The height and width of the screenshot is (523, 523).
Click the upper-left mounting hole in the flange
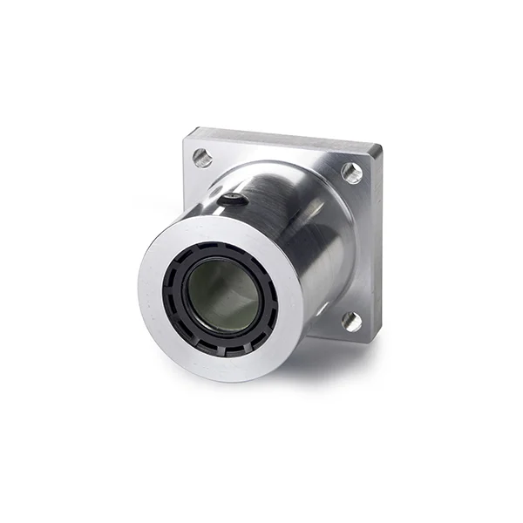click(202, 158)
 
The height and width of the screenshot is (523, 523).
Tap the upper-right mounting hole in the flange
click(351, 172)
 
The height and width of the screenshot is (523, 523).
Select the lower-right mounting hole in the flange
click(351, 321)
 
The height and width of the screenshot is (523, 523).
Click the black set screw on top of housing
click(233, 200)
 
